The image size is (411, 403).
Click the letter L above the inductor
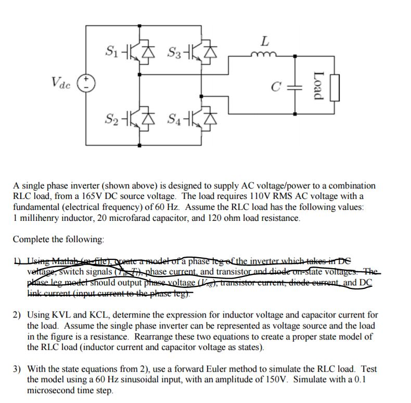tap(265, 40)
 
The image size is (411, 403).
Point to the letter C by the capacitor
tap(279, 87)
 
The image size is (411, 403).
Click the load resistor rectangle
tap(335, 87)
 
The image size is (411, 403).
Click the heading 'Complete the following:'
tap(58, 239)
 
